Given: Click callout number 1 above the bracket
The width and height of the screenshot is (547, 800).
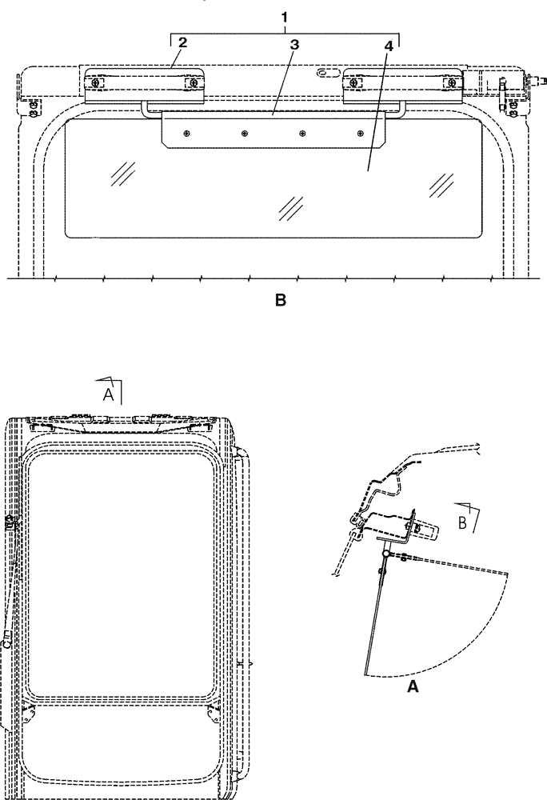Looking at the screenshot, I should tap(285, 17).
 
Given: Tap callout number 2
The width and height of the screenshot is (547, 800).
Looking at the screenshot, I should tap(182, 42).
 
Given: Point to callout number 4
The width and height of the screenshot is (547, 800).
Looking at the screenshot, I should tap(388, 46).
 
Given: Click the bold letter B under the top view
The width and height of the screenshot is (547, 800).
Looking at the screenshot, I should tap(280, 301).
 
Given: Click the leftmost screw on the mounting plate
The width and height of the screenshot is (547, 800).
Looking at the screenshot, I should tap(186, 134).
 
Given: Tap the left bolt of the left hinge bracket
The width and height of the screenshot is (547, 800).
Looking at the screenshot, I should tap(98, 82).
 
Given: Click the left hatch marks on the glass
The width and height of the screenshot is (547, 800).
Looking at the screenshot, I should tap(122, 172).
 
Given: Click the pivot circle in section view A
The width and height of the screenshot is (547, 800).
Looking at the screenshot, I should tap(385, 553).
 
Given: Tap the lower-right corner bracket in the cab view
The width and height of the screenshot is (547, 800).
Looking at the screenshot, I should tap(212, 710).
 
